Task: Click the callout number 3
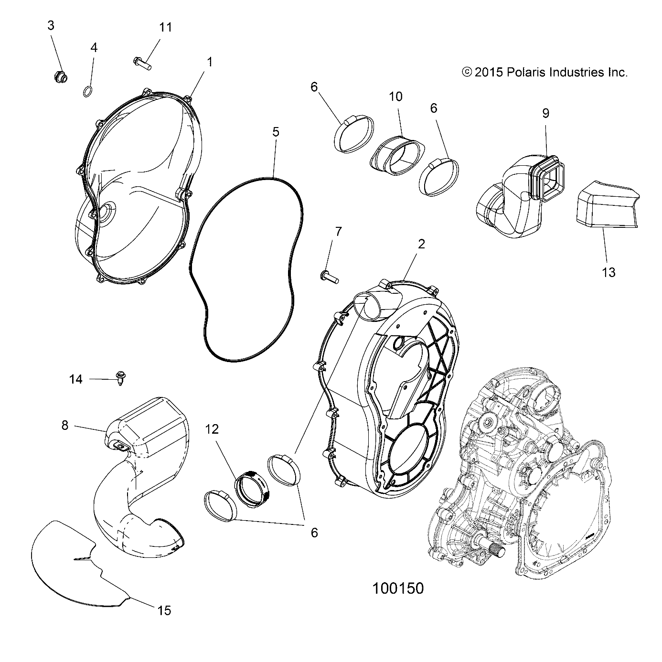tap(51, 26)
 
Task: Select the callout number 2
tap(421, 244)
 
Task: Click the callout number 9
tap(545, 113)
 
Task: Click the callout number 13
tap(609, 272)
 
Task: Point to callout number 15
tap(164, 610)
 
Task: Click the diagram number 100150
tap(397, 588)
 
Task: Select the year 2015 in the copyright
tap(489, 72)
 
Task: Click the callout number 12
tap(212, 429)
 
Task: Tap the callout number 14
tap(75, 379)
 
